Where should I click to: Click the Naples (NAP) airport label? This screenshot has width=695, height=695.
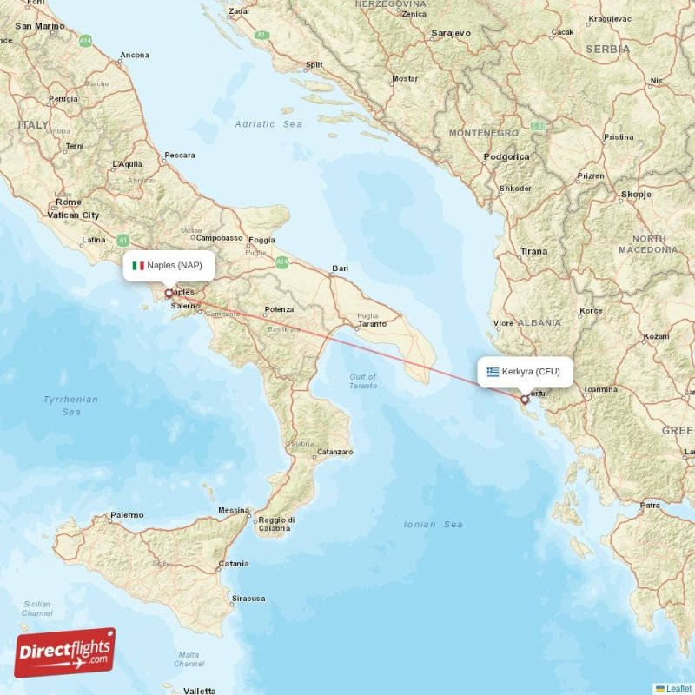pyautogui.click(x=174, y=266)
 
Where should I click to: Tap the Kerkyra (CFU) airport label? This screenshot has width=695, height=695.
pyautogui.click(x=531, y=372)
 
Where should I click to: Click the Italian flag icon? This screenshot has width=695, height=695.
pyautogui.click(x=137, y=266)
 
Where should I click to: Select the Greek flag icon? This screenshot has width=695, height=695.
pyautogui.click(x=493, y=372)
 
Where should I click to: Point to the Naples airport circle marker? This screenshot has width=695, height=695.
pyautogui.click(x=169, y=293)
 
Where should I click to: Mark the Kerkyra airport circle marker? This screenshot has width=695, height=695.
pyautogui.click(x=524, y=400)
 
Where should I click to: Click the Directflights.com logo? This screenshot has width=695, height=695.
pyautogui.click(x=65, y=652)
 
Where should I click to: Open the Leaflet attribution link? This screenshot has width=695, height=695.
pyautogui.click(x=678, y=688)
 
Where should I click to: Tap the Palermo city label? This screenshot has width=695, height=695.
pyautogui.click(x=127, y=515)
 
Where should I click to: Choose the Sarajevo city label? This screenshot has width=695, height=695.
pyautogui.click(x=450, y=33)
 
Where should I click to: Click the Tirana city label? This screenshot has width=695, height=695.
pyautogui.click(x=533, y=252)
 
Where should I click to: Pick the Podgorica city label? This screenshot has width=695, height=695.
pyautogui.click(x=506, y=157)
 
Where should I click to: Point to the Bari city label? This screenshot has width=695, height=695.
pyautogui.click(x=340, y=269)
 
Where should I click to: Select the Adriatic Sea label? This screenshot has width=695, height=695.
pyautogui.click(x=268, y=124)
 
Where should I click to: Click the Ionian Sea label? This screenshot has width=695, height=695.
pyautogui.click(x=434, y=525)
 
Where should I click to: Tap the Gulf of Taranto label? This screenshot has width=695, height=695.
pyautogui.click(x=363, y=381)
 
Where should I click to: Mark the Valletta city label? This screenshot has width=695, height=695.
pyautogui.click(x=200, y=691)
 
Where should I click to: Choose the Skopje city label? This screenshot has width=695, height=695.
pyautogui.click(x=636, y=195)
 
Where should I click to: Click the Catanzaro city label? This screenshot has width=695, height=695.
pyautogui.click(x=334, y=452)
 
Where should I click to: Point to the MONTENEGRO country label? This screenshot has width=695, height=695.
pyautogui.click(x=483, y=133)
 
